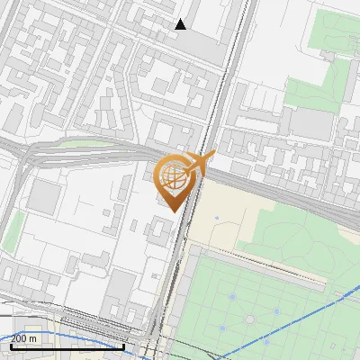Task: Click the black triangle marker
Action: click(180, 24)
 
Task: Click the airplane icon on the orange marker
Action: click(198, 164)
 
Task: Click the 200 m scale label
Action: click(24, 338)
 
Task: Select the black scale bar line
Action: click(67, 346)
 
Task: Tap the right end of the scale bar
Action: click(123, 346)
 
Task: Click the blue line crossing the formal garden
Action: click(297, 307)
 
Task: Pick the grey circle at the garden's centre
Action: click(251, 319)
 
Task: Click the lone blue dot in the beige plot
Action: click(217, 219)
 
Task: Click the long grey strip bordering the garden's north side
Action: click(261, 268)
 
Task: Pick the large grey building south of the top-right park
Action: click(310, 124)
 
